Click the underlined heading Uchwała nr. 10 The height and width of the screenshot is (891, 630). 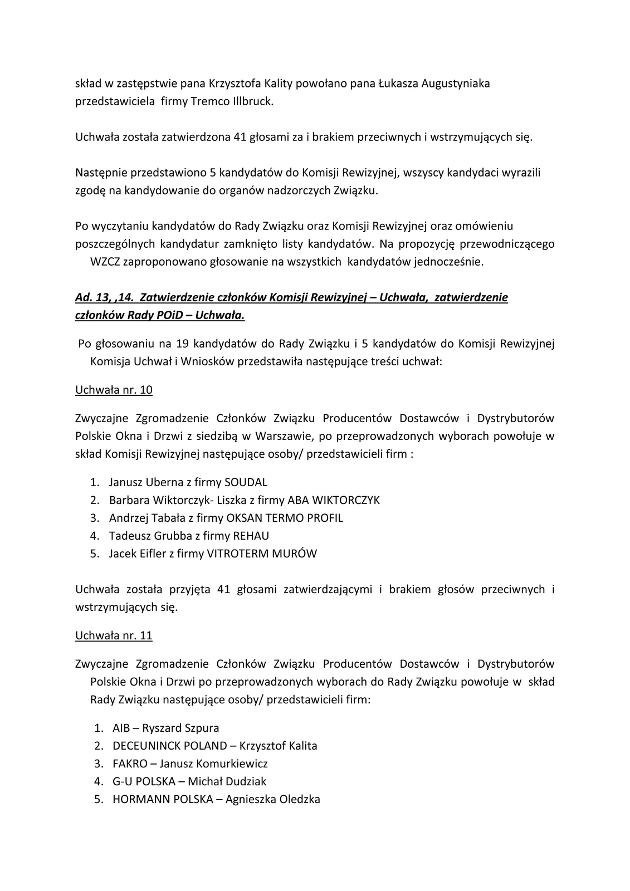coord(114,390)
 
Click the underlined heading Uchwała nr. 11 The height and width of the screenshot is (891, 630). coord(114,635)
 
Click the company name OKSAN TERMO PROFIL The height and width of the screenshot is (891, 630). coord(284,518)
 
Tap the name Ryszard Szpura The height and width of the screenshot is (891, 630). coord(180,728)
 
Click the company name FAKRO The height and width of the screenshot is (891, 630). coord(130,763)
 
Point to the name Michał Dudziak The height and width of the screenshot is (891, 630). coord(227,781)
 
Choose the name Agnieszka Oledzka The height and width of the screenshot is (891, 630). coord(272,799)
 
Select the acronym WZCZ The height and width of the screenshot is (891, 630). coord(105,262)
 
